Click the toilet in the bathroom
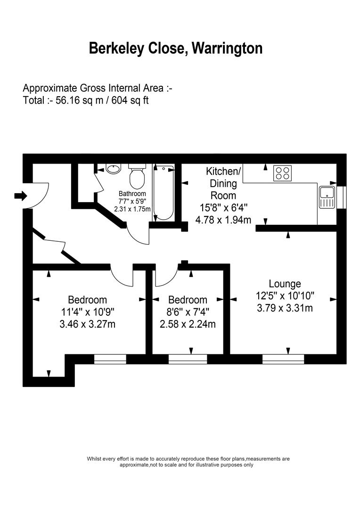coord(137,177)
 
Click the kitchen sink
coord(327,197)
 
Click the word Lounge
coord(285,284)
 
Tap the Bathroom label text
coord(132,194)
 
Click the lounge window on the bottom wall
coord(283,359)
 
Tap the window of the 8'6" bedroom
coord(188,359)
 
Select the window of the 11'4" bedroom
coord(110,359)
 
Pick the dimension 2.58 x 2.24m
coord(188,324)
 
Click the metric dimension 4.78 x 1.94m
coord(223,219)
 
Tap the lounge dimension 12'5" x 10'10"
coord(285,296)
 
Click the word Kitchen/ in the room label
coord(223,171)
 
